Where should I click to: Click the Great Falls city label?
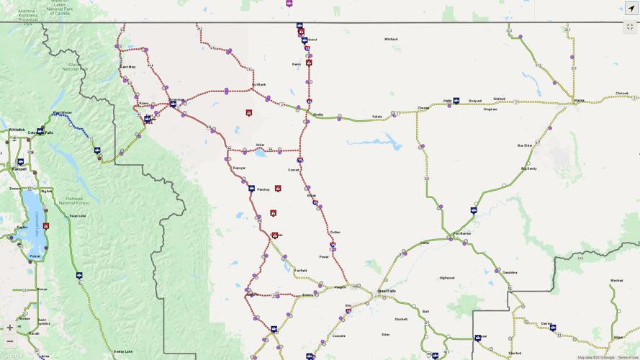tap(387, 291)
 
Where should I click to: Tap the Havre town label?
tap(579, 100)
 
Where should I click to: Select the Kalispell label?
tap(19, 168)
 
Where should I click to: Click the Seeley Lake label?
tap(123, 351)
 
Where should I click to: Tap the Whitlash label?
tap(391, 39)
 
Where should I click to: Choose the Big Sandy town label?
tap(529, 168)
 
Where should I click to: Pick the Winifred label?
tap(616, 280)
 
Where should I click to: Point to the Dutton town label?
tap(335, 232)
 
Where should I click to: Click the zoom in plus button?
tap(9, 328)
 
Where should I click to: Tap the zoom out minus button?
tap(9, 341)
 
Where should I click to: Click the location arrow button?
tap(631, 9)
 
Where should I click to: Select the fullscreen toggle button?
tap(631, 27)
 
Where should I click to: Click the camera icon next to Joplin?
tap(456, 101)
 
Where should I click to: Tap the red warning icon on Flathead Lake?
tap(45, 226)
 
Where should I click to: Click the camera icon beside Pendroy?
tap(251, 189)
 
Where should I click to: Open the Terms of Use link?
tap(628, 357)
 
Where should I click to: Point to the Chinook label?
tap(622, 93)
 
